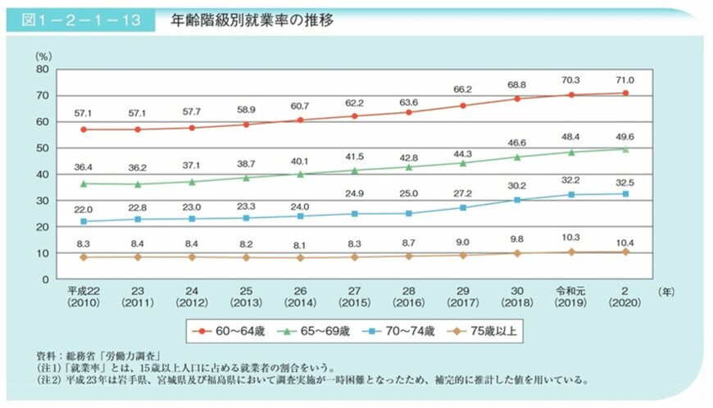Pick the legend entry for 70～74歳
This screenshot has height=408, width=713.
(x=405, y=331)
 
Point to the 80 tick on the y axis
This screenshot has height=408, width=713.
(x=43, y=70)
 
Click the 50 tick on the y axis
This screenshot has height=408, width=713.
(x=43, y=148)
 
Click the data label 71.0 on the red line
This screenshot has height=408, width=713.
(x=624, y=80)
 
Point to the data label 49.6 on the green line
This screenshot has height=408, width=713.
(x=624, y=137)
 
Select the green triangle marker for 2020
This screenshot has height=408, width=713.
(x=624, y=149)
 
